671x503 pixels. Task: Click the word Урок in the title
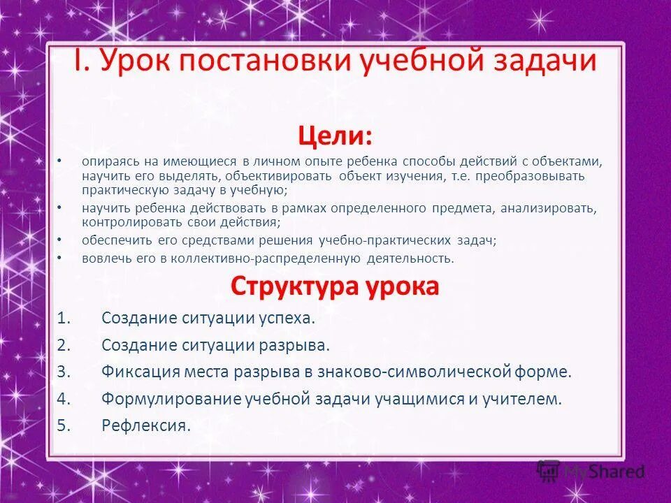(x=136, y=62)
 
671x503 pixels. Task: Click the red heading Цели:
(x=335, y=134)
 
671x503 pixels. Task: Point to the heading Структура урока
(x=335, y=286)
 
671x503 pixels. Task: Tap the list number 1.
(x=64, y=319)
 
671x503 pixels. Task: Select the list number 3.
(x=64, y=372)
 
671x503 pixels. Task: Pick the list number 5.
(x=64, y=425)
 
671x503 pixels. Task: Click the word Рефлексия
(x=145, y=425)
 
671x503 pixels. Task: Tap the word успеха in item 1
(x=287, y=319)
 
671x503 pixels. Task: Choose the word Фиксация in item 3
(x=140, y=372)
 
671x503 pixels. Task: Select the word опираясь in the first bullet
(x=108, y=161)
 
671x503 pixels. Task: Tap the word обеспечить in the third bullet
(x=113, y=240)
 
